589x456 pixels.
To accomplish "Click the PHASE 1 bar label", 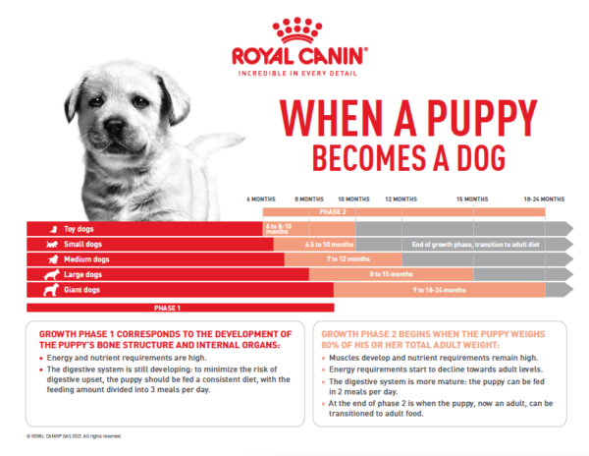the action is [x=168, y=308].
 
